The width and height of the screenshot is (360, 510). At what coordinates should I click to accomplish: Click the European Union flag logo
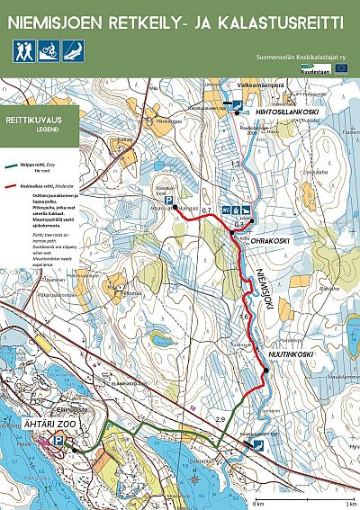click(342, 67)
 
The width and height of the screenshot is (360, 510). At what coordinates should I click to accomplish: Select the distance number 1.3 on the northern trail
click(236, 165)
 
